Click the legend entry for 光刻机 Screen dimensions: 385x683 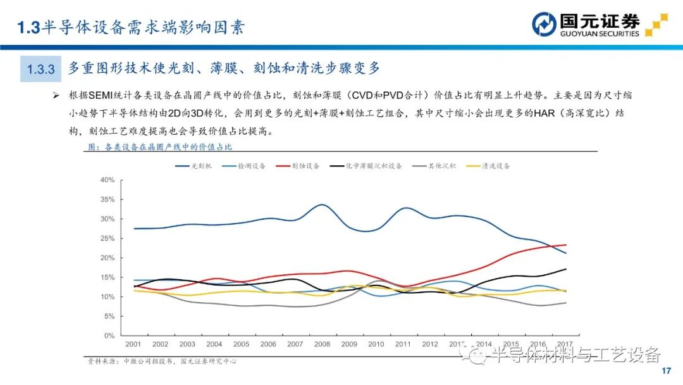coord(193,166)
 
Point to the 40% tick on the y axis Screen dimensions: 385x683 coord(107,180)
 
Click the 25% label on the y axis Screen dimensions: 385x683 coord(107,239)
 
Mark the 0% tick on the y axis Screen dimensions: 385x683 coord(109,336)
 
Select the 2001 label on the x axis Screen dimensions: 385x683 coord(133,344)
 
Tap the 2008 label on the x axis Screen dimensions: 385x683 coord(321,344)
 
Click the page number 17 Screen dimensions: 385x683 coord(665,370)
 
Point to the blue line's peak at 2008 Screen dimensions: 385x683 coord(321,205)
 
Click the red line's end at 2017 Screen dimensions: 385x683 coord(566,245)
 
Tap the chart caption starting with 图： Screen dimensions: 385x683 coord(159,147)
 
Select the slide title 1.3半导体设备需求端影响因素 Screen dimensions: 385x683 coord(130,27)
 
